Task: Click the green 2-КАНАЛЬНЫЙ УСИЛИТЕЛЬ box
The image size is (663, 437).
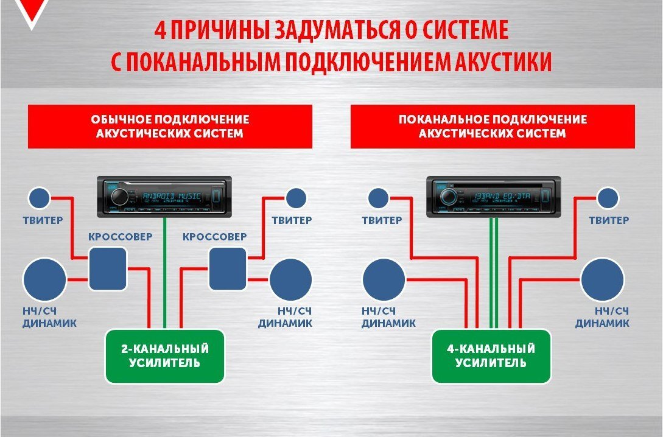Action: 166,356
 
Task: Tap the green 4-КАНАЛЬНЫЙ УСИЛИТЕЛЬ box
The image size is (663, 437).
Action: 491,356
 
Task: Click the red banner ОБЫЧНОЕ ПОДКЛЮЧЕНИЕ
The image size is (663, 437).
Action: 170,126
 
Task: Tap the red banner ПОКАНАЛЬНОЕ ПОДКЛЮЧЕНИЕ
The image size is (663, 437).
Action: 493,126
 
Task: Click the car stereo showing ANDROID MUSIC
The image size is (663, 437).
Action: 164,196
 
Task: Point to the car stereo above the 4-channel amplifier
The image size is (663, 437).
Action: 493,196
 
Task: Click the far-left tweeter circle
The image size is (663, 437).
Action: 40,198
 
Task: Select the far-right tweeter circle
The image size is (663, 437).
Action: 608,198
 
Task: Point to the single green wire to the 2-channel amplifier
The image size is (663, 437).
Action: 165,274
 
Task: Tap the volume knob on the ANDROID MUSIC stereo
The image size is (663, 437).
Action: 119,196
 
